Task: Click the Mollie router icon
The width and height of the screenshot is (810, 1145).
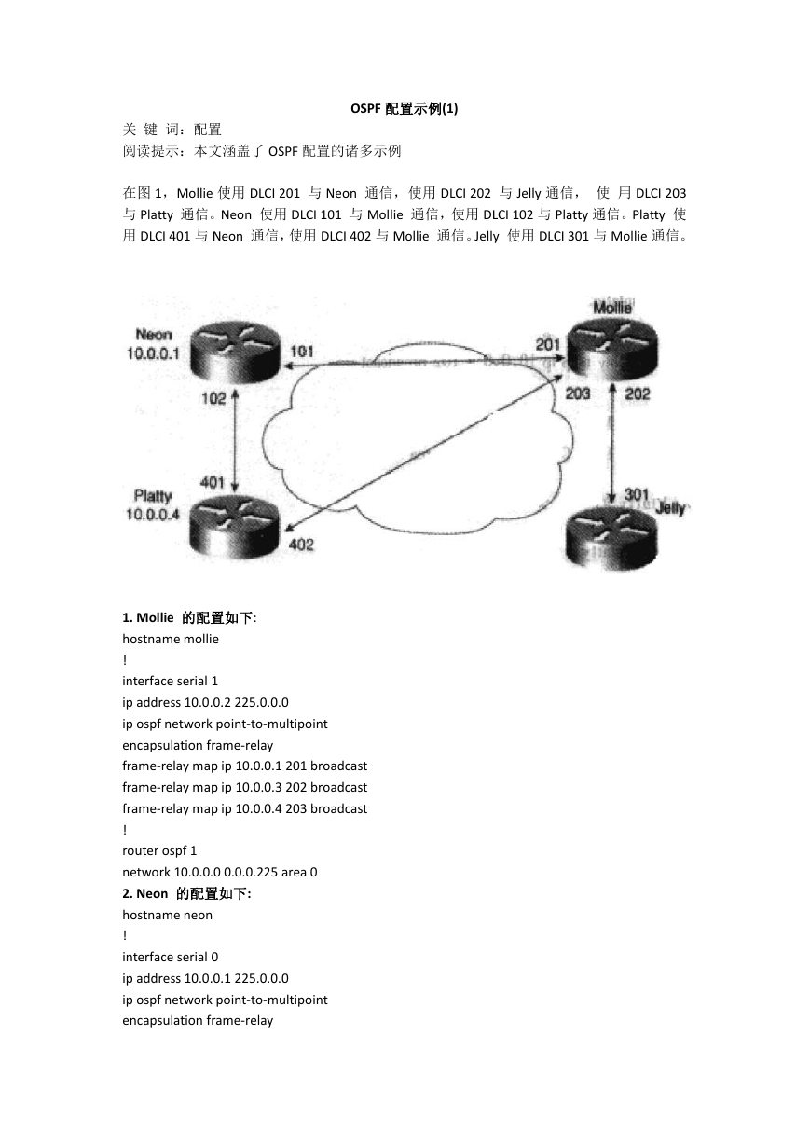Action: [612, 347]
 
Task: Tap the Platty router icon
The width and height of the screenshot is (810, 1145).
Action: [235, 528]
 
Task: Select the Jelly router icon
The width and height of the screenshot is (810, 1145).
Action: [611, 537]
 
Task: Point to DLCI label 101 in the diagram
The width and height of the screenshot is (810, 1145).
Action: [301, 352]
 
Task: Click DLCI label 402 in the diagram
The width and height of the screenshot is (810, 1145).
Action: [301, 545]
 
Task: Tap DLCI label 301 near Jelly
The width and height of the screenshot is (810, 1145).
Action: [637, 494]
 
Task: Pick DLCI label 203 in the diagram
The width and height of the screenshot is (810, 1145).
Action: [578, 393]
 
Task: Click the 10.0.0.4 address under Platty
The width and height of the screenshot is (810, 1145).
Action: [153, 515]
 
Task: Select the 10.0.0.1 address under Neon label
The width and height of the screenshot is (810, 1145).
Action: [153, 353]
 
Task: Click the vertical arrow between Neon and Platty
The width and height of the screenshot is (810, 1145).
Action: [235, 441]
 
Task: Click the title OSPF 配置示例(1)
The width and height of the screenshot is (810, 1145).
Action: [405, 109]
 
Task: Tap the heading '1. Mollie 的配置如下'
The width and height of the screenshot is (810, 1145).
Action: [189, 618]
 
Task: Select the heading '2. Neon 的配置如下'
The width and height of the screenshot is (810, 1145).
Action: [186, 893]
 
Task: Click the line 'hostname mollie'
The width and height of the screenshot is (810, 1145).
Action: [171, 639]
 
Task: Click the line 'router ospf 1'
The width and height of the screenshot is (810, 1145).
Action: [159, 850]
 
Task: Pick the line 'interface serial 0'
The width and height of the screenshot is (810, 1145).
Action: [171, 957]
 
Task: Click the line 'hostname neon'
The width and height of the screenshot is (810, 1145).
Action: [167, 915]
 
